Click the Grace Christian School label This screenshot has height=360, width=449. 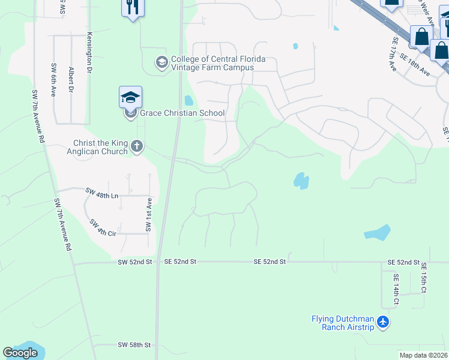pyautogui.click(x=182, y=113)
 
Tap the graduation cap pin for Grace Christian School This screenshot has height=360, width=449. pyautogui.click(x=130, y=97)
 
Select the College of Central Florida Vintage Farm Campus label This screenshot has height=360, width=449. pyautogui.click(x=218, y=63)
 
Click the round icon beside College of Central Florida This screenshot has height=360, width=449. pyautogui.click(x=161, y=62)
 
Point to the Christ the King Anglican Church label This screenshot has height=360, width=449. pyautogui.click(x=100, y=147)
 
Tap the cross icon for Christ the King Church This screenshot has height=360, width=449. pyautogui.click(x=137, y=146)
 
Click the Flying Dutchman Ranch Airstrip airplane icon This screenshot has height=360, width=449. pyautogui.click(x=383, y=323)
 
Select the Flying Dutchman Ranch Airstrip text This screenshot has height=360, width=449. pyautogui.click(x=343, y=323)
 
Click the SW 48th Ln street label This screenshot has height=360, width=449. pyautogui.click(x=103, y=193)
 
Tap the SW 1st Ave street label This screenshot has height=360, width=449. pyautogui.click(x=147, y=217)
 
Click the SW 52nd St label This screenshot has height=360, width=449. pyautogui.click(x=135, y=262)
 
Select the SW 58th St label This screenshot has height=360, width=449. pyautogui.click(x=134, y=345)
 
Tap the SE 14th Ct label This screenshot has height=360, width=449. pyautogui.click(x=397, y=290)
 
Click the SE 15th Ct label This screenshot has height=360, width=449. pyautogui.click(x=424, y=278)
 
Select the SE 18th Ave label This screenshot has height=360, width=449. pyautogui.click(x=415, y=65)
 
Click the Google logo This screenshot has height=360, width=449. pyautogui.click(x=20, y=353)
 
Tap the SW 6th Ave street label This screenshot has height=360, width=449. pyautogui.click(x=54, y=80)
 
